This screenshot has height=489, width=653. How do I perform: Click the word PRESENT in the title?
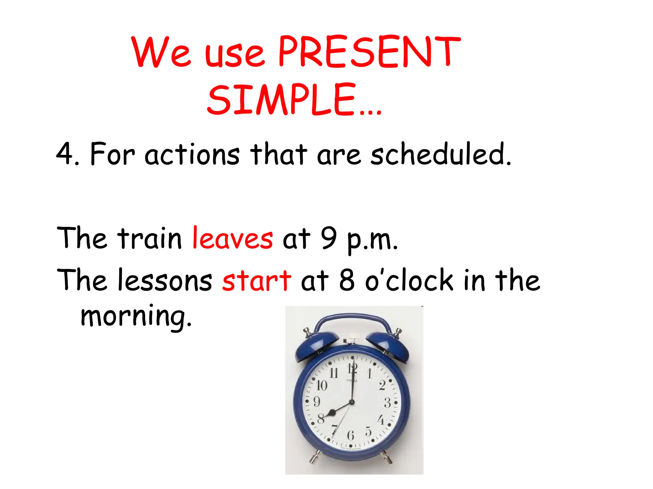(369, 52)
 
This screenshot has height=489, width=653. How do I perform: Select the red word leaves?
(232, 238)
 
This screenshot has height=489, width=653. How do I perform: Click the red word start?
(257, 280)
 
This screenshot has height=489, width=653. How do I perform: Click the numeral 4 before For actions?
(65, 154)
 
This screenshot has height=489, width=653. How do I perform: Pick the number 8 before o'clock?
(347, 280)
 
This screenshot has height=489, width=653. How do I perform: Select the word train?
(149, 238)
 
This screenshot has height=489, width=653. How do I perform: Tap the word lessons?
(165, 280)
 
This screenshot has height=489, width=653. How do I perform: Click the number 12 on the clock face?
(352, 369)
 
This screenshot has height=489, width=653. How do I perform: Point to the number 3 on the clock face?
(387, 403)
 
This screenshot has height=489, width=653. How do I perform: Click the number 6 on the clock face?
(350, 435)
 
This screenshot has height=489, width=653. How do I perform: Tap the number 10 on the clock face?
(321, 386)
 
